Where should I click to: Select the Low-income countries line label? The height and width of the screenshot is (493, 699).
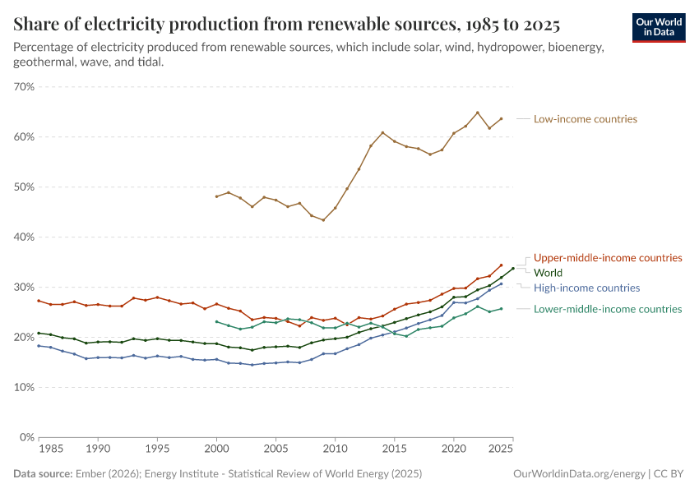[x=585, y=119]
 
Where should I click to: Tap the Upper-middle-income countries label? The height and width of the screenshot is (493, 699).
[x=608, y=257]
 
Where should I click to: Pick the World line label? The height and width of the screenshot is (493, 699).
[x=549, y=272]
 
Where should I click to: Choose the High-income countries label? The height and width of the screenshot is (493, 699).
[x=586, y=288]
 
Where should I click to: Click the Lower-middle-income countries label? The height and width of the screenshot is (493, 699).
[x=608, y=309]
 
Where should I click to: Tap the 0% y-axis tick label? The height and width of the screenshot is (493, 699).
[x=26, y=437]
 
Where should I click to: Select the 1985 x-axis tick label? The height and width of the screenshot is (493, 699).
[x=50, y=450]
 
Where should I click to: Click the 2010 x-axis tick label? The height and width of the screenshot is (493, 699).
[x=335, y=450]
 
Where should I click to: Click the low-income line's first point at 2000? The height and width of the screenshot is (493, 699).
[x=216, y=196]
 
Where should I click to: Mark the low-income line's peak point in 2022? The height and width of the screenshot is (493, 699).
[x=477, y=113]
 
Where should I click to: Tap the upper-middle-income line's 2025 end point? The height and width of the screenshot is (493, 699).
[x=501, y=265]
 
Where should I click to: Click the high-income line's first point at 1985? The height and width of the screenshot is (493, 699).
[x=39, y=346]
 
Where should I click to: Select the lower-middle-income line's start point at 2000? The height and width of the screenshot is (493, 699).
[x=216, y=321]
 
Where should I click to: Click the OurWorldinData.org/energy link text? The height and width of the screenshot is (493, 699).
[x=578, y=474]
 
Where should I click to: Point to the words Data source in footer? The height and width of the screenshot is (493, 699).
[x=42, y=474]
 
